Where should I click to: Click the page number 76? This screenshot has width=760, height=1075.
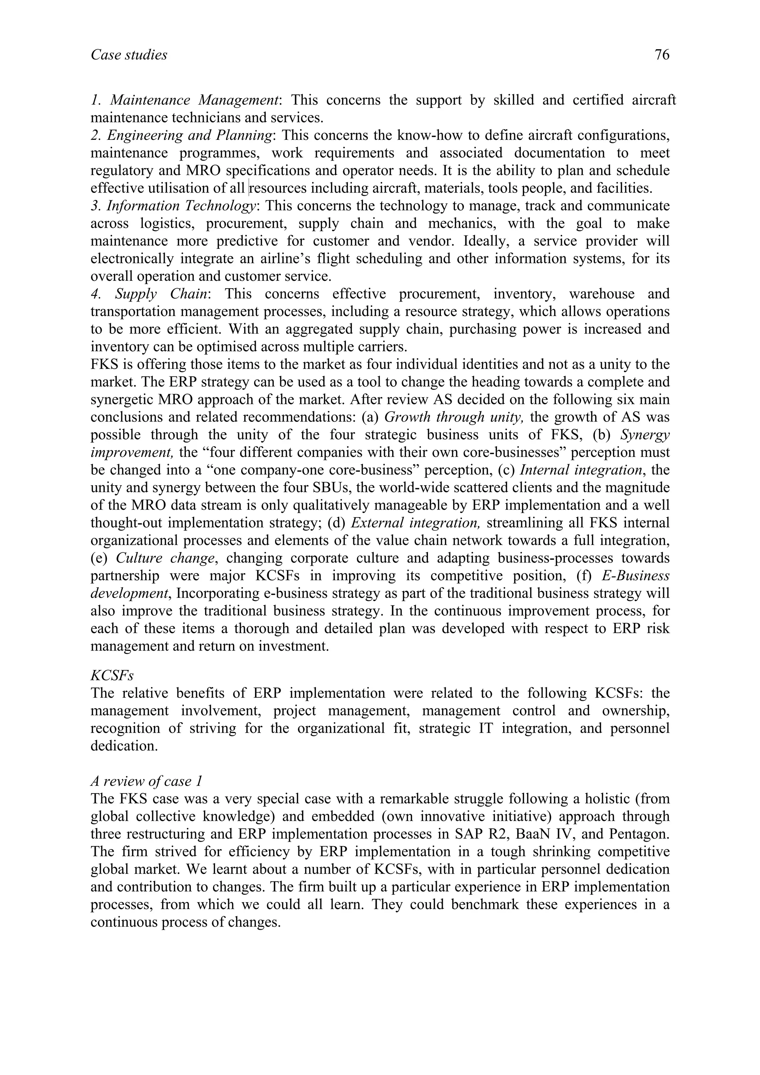click(x=662, y=55)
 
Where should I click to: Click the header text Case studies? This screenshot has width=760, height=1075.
click(x=129, y=55)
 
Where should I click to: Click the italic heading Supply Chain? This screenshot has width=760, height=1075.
click(x=161, y=294)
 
